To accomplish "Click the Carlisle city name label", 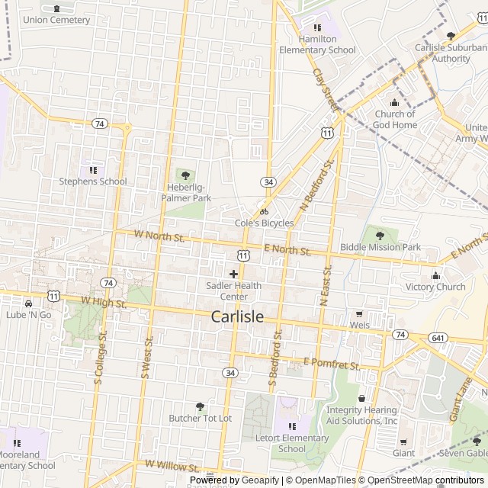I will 237,316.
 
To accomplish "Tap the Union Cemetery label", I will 56,20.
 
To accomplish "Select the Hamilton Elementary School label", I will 317,44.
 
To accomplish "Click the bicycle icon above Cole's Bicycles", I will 264,211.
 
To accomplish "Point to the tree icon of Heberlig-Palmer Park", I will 185,175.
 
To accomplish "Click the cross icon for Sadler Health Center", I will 233,273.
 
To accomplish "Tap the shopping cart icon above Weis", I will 359,313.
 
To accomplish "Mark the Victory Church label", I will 435,287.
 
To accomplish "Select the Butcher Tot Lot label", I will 200,419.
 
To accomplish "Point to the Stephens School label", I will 93,181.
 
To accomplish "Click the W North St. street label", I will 159,237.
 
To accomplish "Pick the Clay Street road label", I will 324,91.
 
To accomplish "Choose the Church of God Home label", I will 395,120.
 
